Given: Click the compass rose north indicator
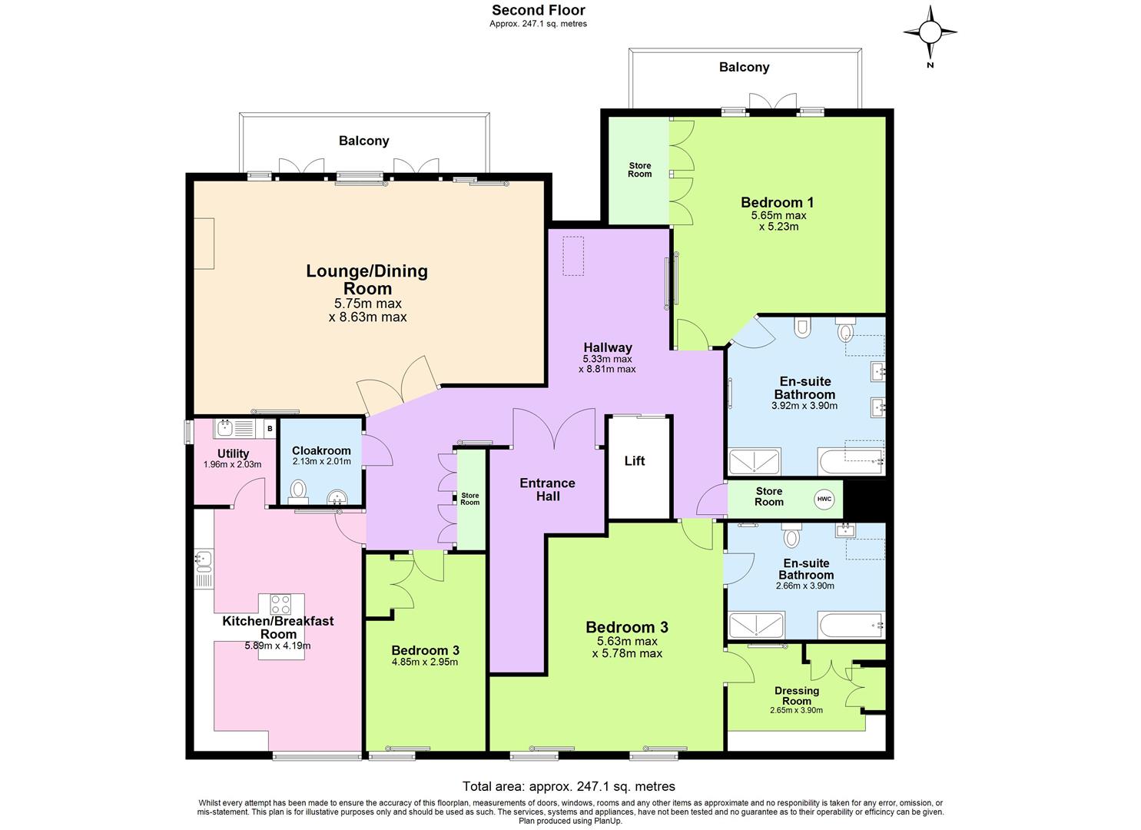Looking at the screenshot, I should pos(930,32).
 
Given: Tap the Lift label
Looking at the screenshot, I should pos(635,461).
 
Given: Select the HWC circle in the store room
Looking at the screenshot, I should pos(824,499).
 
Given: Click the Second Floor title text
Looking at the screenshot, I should pos(538,11).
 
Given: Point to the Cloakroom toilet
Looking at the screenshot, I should pos(299,490).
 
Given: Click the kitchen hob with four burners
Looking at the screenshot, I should pos(280,604).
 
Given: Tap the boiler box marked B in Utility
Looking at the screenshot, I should pos(269,428).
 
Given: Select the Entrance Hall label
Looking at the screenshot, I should pos(547,490).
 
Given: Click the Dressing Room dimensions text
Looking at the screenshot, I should pos(796,710).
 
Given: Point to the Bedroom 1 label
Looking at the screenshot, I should pos(777,203).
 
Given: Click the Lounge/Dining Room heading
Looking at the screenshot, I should pos(367,280).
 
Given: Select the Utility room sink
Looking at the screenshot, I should pos(226,427).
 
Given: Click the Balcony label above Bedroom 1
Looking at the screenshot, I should pos(744,68).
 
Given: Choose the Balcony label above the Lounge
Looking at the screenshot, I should pos(364,141).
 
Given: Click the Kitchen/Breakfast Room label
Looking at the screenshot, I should pos(278,627).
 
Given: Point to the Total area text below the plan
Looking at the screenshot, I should pos(569,786).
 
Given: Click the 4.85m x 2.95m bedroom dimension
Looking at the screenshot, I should pos(425,662).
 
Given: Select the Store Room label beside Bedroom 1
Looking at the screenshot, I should pos(639,170).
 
